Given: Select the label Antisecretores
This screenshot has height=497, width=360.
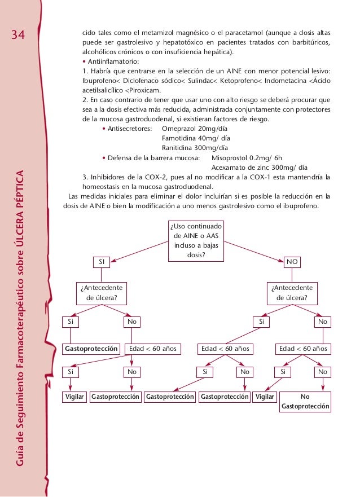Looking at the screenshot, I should [x=129, y=129].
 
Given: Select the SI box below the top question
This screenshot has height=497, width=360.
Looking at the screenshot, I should [x=102, y=262].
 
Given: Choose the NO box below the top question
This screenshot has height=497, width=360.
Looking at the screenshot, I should [x=293, y=262].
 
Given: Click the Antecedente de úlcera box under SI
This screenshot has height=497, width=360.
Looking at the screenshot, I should [x=102, y=292].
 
